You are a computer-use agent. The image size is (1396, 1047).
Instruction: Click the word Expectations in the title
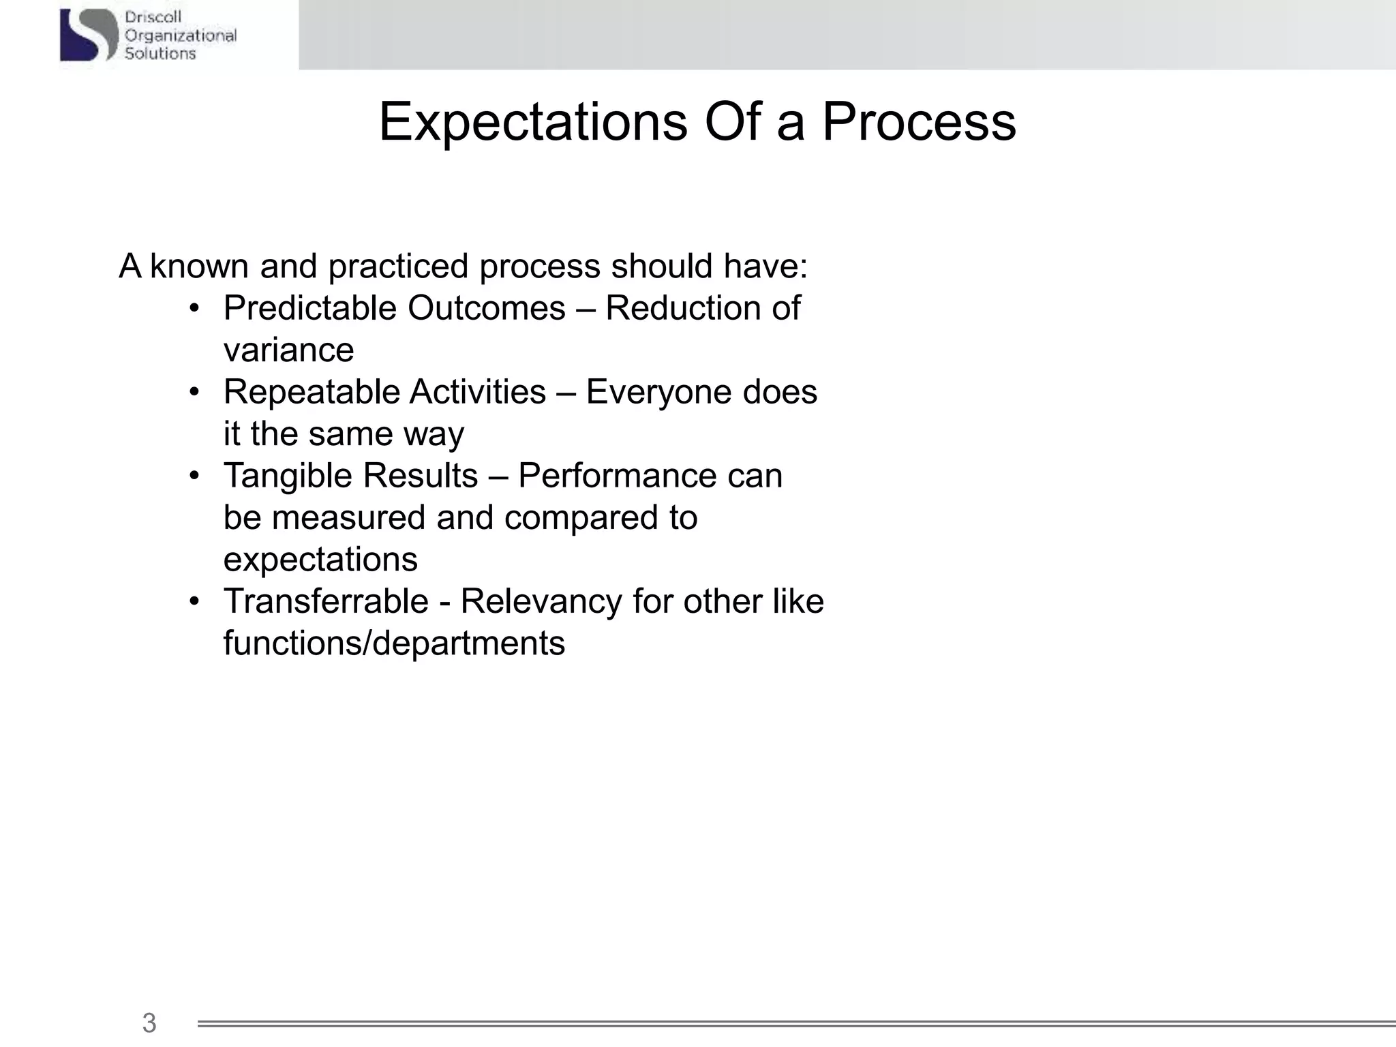533,123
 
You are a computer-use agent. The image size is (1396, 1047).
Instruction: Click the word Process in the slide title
919,123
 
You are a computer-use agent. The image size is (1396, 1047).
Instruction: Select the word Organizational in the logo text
181,35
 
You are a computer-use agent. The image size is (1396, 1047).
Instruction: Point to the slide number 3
149,1022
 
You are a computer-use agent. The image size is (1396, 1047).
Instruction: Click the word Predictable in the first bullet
310,308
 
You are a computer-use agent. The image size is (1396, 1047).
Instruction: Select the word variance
288,350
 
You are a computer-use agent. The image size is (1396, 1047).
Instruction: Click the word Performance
616,476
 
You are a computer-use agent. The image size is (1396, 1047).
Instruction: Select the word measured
348,517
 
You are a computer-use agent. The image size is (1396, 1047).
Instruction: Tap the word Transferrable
326,601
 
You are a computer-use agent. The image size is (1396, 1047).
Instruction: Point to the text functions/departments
394,643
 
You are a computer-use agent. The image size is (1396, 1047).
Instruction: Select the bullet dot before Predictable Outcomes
195,308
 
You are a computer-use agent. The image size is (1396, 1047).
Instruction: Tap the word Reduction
683,308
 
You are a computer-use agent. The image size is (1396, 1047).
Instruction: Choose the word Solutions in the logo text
160,53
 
